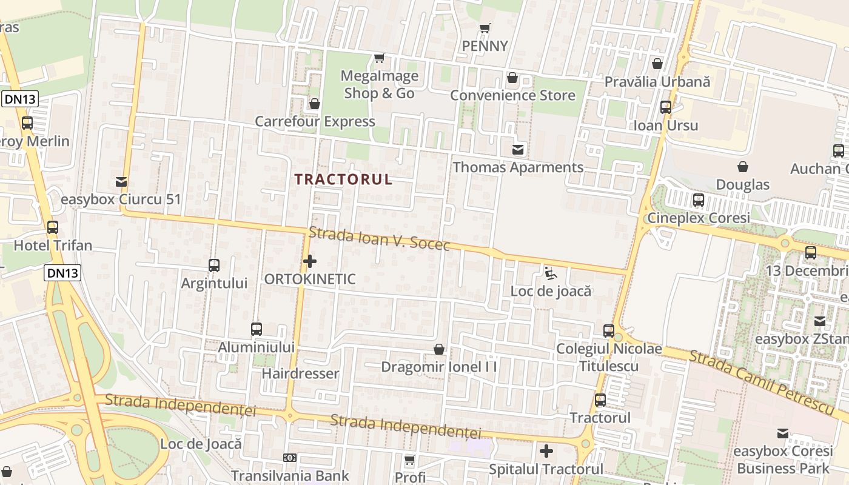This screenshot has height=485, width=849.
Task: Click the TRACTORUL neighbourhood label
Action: pyautogui.click(x=343, y=179)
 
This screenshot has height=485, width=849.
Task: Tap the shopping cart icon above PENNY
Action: pyautogui.click(x=485, y=28)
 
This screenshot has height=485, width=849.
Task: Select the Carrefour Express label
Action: pyautogui.click(x=315, y=121)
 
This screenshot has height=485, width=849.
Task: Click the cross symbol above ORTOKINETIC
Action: pyautogui.click(x=310, y=261)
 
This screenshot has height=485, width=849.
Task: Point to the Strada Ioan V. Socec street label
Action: pyautogui.click(x=379, y=238)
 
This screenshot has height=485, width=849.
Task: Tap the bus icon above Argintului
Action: pyautogui.click(x=214, y=265)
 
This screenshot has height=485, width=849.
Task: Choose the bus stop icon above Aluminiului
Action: pyautogui.click(x=257, y=329)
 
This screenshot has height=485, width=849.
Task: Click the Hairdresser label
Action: pyautogui.click(x=300, y=373)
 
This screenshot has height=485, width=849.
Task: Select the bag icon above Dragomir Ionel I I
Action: pyautogui.click(x=439, y=349)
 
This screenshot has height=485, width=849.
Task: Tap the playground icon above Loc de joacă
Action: pyautogui.click(x=550, y=273)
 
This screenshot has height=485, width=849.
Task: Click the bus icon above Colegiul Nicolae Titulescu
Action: pyautogui.click(x=609, y=331)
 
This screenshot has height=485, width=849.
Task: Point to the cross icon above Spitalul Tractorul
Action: pyautogui.click(x=546, y=451)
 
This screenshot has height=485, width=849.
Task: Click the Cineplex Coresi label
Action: pyautogui.click(x=699, y=218)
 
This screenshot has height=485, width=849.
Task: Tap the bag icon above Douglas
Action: pyautogui.click(x=743, y=167)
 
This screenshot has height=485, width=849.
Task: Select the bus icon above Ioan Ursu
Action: pyautogui.click(x=666, y=107)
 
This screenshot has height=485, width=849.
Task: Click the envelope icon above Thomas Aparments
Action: pyautogui.click(x=518, y=149)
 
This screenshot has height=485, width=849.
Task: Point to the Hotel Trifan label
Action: pyautogui.click(x=53, y=246)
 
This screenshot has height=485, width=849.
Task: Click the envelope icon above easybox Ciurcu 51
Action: pyautogui.click(x=121, y=181)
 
